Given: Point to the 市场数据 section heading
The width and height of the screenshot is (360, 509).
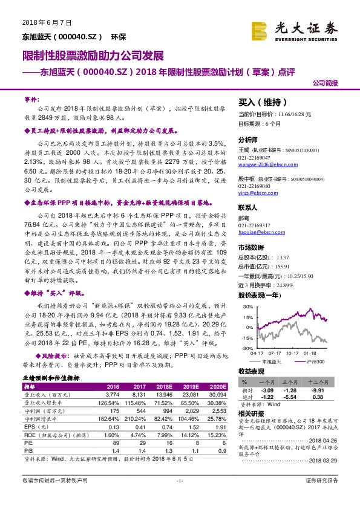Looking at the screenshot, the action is click(252, 247).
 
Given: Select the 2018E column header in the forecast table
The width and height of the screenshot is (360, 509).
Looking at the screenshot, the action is click(163, 386).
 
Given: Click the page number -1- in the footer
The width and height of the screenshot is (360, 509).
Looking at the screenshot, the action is click(179, 498).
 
